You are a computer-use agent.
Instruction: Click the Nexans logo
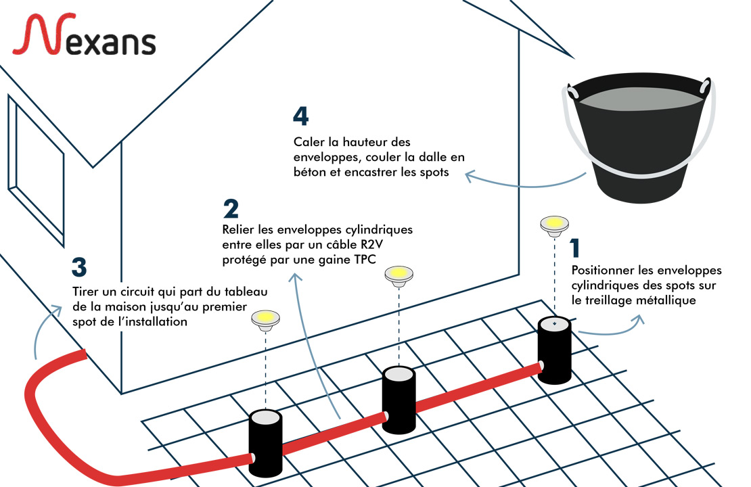coord(84,37)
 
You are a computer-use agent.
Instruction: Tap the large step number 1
coord(576,248)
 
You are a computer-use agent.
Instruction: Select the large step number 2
coord(231,208)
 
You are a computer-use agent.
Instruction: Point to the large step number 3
coord(80,268)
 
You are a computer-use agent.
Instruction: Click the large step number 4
coord(300,116)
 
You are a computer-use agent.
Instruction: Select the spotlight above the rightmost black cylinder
coord(554,225)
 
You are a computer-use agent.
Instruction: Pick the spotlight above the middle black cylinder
coord(399,275)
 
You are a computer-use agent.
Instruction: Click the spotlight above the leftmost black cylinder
coord(265,319)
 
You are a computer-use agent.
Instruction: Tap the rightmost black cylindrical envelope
coord(554,349)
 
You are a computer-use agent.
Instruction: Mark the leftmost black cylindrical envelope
coord(265,444)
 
